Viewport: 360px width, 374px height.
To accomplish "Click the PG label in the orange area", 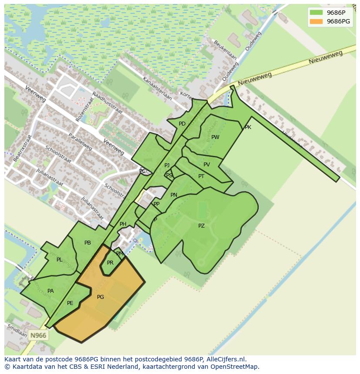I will tap(100, 297).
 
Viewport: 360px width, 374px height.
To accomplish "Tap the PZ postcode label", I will tap(201, 226).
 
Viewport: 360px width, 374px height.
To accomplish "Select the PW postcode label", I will tap(215, 137).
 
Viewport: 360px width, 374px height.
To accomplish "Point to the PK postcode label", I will tap(248, 127).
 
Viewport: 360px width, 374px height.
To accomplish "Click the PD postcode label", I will tap(182, 124).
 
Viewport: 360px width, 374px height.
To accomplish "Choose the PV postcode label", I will tap(207, 165).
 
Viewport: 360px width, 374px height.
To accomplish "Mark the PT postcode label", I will tap(201, 176).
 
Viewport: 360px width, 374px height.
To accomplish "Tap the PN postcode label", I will tap(174, 195).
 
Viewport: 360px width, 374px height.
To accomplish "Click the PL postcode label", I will tap(60, 260).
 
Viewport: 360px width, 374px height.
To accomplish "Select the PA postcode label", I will tap(50, 291).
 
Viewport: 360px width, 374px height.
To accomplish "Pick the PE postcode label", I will tap(70, 303).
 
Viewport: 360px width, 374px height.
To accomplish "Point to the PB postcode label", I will tap(87, 243).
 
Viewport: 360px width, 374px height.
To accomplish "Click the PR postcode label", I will tap(110, 263).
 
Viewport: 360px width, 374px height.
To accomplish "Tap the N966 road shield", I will tap(38, 335).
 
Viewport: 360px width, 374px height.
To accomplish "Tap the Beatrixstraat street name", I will tap(23, 148).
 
